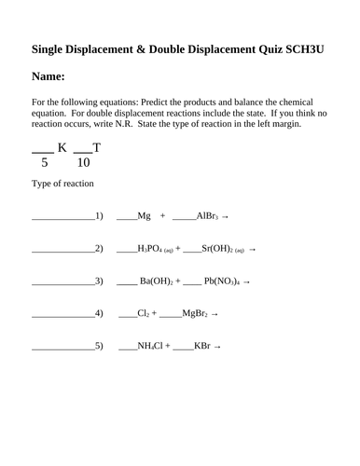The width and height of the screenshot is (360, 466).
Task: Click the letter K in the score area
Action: click(x=62, y=147)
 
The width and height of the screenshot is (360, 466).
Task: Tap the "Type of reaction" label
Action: click(x=62, y=184)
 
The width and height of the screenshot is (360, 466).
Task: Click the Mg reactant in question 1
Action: click(x=144, y=215)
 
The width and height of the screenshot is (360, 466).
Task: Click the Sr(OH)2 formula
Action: click(x=217, y=249)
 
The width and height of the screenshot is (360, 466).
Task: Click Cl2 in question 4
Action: click(x=144, y=314)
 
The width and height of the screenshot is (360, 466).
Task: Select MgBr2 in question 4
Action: click(x=195, y=314)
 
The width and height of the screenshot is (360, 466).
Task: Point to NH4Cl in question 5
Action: click(x=150, y=347)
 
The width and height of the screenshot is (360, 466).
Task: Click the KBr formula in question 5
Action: click(x=202, y=347)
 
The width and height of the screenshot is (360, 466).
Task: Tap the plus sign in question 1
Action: click(x=162, y=215)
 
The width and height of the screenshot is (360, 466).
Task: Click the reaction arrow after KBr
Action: click(x=218, y=347)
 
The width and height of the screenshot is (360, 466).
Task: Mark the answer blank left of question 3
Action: click(x=62, y=282)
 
